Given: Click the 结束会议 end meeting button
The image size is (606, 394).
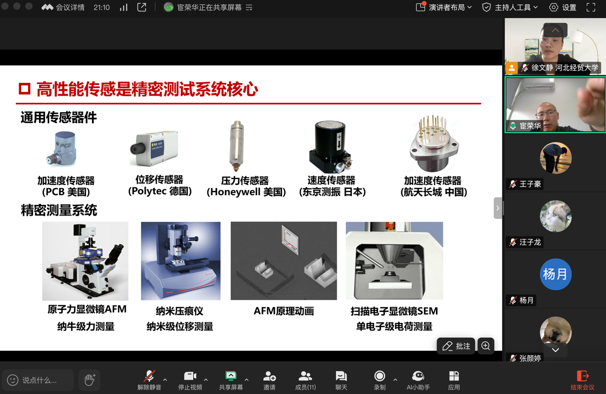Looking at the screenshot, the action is pos(583,380).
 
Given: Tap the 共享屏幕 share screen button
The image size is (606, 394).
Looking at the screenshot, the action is pos(231,380).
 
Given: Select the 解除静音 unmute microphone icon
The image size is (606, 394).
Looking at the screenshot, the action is pos(149,376).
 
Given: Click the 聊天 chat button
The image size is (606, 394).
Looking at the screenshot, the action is pos(341,380).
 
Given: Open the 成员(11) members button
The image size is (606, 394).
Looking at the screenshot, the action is pos(305,380).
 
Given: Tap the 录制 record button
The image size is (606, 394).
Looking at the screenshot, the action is pos(379,380).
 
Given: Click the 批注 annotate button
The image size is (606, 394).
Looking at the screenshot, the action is pos(456,346).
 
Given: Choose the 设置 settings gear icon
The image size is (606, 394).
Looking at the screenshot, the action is pos(553,7).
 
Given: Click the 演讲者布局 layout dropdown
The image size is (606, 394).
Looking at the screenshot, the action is pos(444,7).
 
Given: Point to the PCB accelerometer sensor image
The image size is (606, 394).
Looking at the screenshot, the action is pos(62,149).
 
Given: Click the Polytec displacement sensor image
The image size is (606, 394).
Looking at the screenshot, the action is pos(154,148).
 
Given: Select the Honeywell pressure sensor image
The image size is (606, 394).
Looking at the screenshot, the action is pos(237,146).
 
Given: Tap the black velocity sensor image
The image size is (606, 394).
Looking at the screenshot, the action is pos(330,147).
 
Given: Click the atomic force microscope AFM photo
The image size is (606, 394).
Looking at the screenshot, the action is pos(85,261).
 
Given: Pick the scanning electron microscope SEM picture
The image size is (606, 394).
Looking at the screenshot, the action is pos(395,261).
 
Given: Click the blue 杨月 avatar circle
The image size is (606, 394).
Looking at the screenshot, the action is pos(556,274).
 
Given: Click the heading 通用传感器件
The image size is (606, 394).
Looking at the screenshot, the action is pos(59,117).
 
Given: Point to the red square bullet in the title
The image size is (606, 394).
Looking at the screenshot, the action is pos(24,89).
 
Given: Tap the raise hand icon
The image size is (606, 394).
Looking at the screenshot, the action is pos(90,380).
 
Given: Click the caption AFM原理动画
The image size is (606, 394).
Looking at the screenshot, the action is pos(284,311).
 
